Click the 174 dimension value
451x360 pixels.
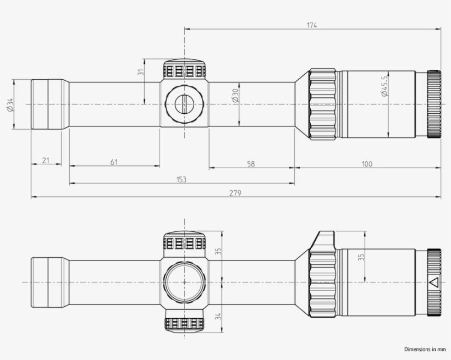pos(312,25)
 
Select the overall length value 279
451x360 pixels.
pos(236,192)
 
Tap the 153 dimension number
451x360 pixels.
pos(182,179)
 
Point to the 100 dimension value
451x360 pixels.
pos(367,164)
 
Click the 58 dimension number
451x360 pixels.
pos(251,164)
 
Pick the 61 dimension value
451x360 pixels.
pos(114,162)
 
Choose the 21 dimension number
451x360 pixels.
pos(46,160)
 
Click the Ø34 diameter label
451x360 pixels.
pos(10,104)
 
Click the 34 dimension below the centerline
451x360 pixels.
pos(218,317)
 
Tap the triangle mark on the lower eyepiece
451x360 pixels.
pos(433,283)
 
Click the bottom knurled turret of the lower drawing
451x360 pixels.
pos(184,323)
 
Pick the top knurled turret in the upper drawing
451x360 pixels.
pos(184,69)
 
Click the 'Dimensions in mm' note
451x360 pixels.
pos(425,349)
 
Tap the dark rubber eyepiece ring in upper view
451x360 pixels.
pos(434,104)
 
